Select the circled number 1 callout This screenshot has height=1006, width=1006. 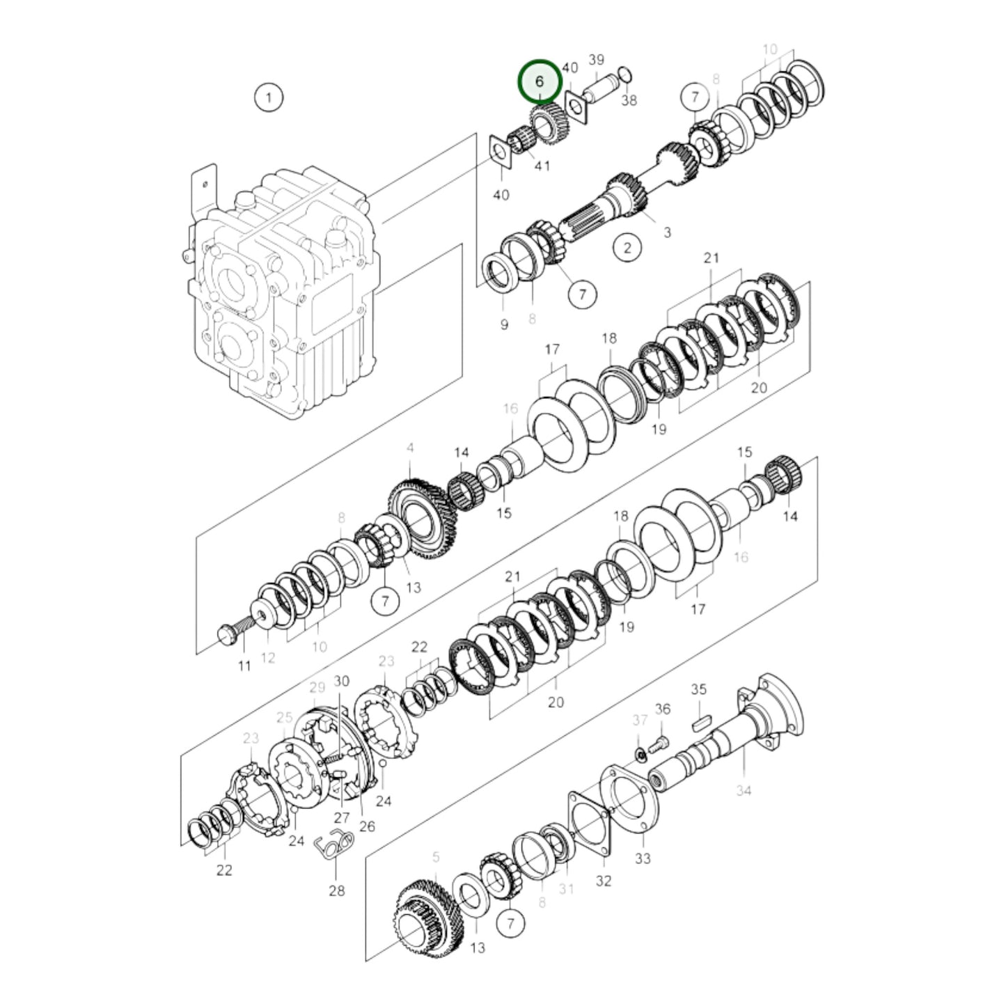[269, 97]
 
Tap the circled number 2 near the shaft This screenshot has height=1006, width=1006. [627, 247]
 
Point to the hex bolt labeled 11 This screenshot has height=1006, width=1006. [230, 634]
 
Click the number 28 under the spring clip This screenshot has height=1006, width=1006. [336, 890]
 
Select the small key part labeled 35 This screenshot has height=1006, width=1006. [700, 723]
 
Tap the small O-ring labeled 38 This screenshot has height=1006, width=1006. [624, 74]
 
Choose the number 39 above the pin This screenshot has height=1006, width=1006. [596, 61]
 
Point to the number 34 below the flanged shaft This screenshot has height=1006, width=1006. [744, 790]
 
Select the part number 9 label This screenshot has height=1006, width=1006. [504, 324]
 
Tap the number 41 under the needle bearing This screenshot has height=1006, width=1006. [542, 166]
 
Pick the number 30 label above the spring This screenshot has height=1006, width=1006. [341, 681]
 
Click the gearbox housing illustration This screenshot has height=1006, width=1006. [285, 292]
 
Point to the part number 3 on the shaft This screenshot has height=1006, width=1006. [667, 232]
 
